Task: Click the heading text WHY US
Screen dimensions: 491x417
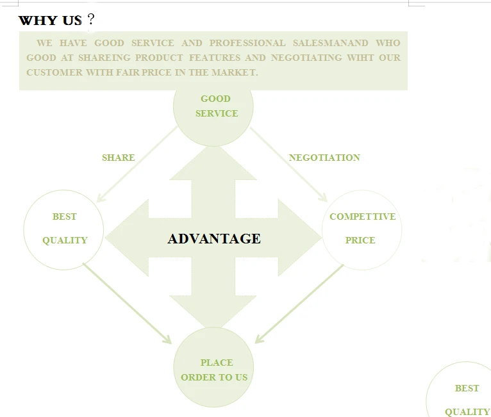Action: tap(50, 20)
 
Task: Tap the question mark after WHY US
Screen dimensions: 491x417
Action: tap(90, 20)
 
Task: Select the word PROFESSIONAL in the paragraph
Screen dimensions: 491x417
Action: tap(247, 43)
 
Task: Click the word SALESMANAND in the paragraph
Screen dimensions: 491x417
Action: tap(331, 43)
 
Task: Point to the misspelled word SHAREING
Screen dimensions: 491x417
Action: tap(104, 58)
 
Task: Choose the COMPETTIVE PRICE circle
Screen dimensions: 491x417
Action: tap(362, 229)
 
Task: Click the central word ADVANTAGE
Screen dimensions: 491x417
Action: tap(214, 239)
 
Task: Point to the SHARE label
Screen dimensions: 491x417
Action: tap(119, 158)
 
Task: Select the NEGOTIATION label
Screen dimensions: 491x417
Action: tap(324, 158)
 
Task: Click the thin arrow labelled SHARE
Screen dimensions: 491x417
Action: tap(136, 164)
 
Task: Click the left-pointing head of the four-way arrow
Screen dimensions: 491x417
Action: tap(125, 238)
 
